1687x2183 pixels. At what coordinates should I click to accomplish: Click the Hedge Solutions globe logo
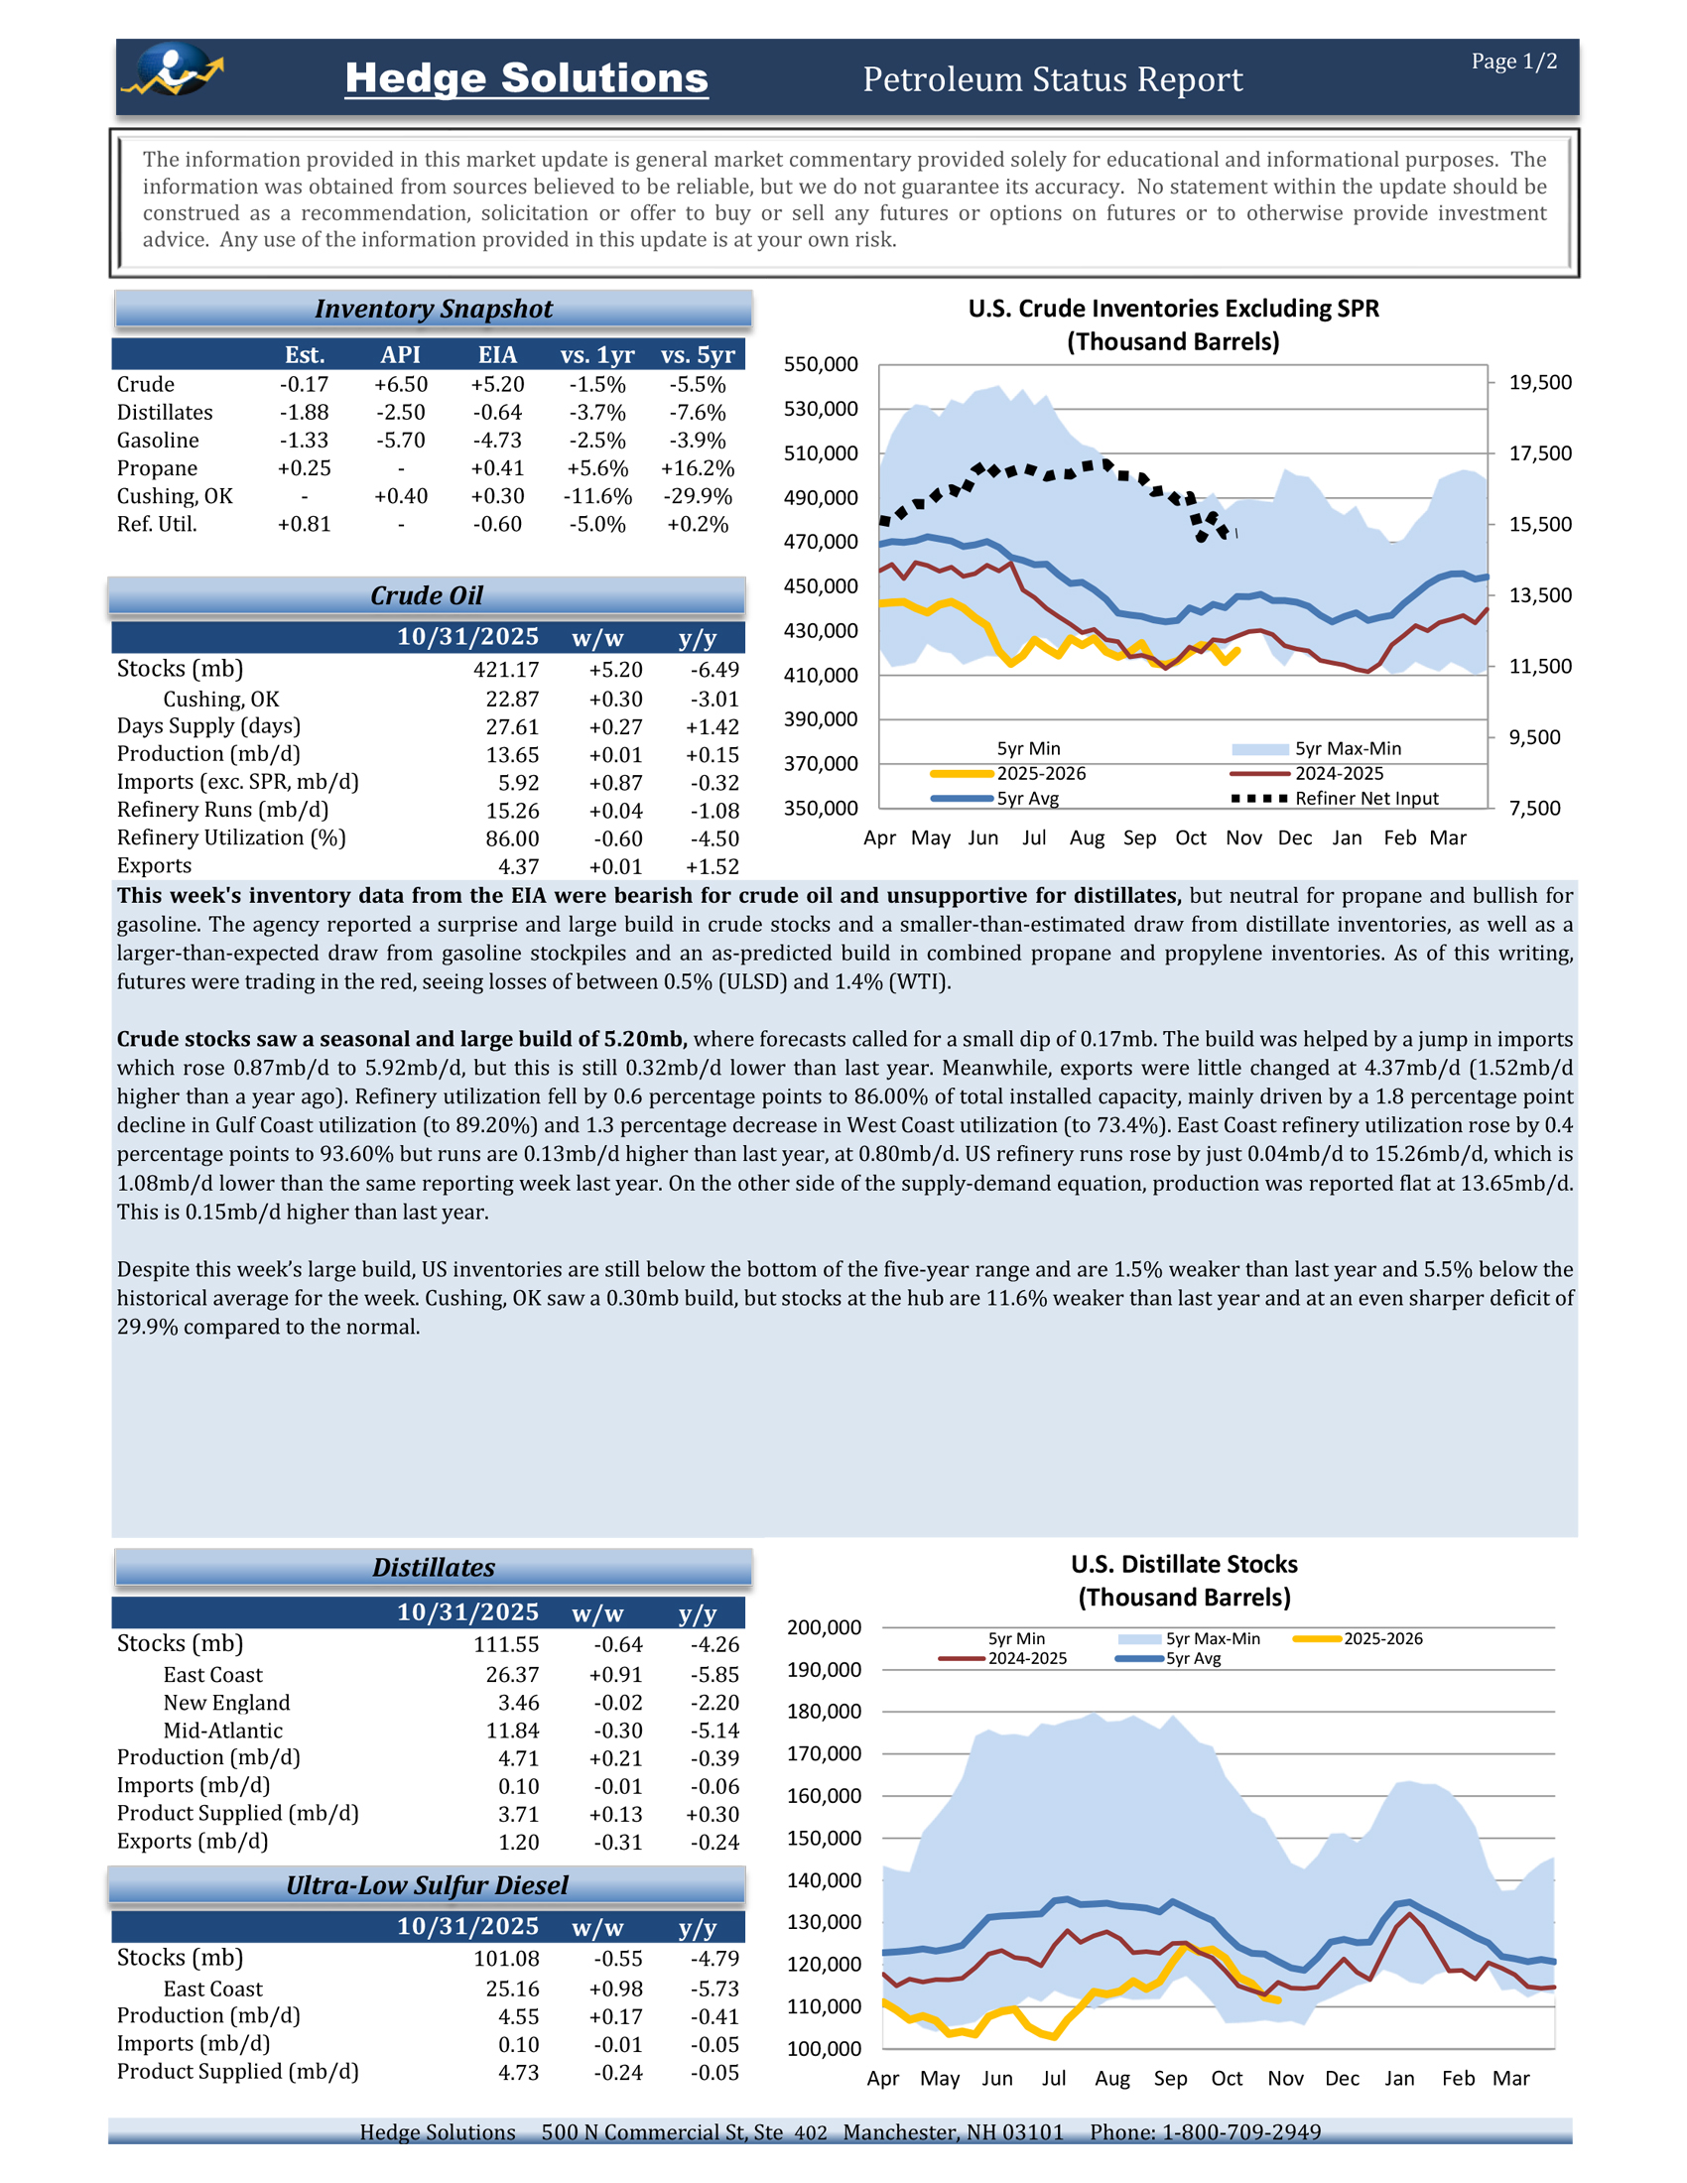[x=172, y=70]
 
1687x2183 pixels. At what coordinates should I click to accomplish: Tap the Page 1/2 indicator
[x=1513, y=62]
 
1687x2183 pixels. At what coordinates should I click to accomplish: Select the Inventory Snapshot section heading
[x=433, y=309]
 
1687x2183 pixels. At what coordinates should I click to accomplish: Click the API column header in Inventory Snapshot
[x=401, y=355]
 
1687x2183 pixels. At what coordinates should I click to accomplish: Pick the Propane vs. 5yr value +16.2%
[x=697, y=468]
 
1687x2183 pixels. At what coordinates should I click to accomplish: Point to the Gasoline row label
[x=158, y=441]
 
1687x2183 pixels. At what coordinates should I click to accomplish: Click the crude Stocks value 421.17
[x=506, y=670]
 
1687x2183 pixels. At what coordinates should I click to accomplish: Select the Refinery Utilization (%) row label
[x=231, y=837]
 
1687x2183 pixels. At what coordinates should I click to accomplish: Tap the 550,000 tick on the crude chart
[x=821, y=365]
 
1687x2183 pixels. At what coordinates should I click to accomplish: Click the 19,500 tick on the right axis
[x=1539, y=383]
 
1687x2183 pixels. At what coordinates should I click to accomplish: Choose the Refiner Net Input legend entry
[x=1366, y=799]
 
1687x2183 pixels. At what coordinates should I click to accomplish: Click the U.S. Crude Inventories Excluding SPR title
[x=1172, y=309]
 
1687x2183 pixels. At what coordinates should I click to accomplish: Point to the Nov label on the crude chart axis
[x=1243, y=837]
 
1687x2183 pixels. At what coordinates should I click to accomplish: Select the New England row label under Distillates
[x=227, y=1702]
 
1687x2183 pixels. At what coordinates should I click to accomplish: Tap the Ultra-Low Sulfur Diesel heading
[x=427, y=1885]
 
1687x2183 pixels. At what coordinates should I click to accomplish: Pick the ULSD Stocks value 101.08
[x=506, y=1959]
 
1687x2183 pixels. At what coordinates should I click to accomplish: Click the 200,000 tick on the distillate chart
[x=824, y=1628]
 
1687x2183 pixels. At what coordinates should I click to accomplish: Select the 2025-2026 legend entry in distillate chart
[x=1382, y=1639]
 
